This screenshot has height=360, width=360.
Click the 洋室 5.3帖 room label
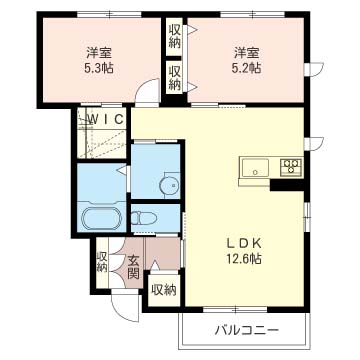tap(99, 60)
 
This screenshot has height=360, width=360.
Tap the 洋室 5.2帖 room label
tap(247, 60)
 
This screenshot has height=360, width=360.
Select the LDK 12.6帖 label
tap(243, 251)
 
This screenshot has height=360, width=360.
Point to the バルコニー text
tap(246, 331)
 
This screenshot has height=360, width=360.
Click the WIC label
tap(106, 118)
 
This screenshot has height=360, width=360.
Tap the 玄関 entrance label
tap(133, 267)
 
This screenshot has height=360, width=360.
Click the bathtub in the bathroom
tap(102, 218)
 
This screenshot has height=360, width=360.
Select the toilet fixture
tap(144, 218)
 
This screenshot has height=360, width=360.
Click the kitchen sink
tap(255, 168)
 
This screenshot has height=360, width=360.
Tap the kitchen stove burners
tap(292, 166)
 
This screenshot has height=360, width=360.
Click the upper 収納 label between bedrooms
tap(174, 37)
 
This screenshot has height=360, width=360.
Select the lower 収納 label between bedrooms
tap(174, 78)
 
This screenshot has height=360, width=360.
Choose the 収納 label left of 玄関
tap(102, 262)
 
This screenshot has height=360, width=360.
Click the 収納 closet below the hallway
tap(164, 290)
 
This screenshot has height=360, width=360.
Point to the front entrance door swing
tap(126, 308)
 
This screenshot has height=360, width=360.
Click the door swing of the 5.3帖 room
tap(148, 90)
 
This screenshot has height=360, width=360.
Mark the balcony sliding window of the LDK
tap(235, 309)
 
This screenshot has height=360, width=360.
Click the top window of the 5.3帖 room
tap(109, 14)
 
